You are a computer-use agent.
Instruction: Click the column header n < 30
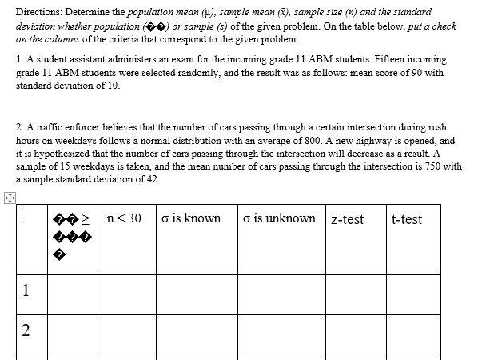tap(124, 218)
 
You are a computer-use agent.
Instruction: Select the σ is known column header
tap(190, 218)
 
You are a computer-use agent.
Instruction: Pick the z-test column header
tap(347, 219)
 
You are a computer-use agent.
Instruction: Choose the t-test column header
tap(407, 219)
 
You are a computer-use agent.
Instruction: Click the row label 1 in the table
tap(27, 290)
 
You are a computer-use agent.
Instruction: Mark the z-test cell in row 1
tap(355, 293)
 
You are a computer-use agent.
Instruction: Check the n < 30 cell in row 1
tap(128, 293)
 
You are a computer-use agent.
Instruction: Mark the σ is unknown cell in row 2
tap(281, 334)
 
